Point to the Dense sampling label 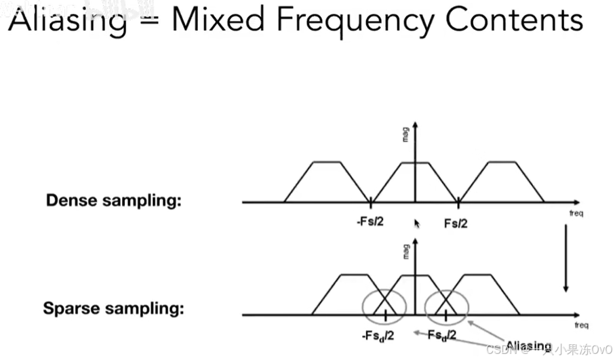[x=114, y=201]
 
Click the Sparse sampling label [x=114, y=309]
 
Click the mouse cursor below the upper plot [x=417, y=223]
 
